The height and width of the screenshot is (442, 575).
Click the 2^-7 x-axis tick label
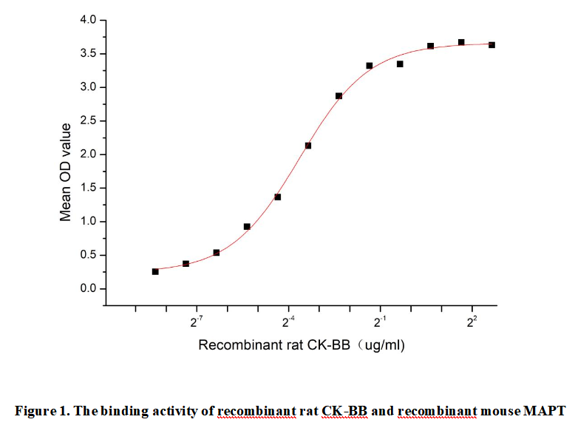(197, 323)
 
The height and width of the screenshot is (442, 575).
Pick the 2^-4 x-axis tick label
(289, 323)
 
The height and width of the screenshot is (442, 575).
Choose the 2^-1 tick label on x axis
(381, 323)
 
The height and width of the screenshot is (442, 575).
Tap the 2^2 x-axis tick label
(472, 322)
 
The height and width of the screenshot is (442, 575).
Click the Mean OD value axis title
(66, 172)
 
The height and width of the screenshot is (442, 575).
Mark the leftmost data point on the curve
(155, 271)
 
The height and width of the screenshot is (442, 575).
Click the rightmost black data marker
(491, 45)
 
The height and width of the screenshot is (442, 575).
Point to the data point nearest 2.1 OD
(308, 146)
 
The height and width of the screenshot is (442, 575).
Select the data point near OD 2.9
(338, 96)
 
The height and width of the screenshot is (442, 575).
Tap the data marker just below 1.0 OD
(247, 227)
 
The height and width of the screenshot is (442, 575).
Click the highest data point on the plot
(461, 42)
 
